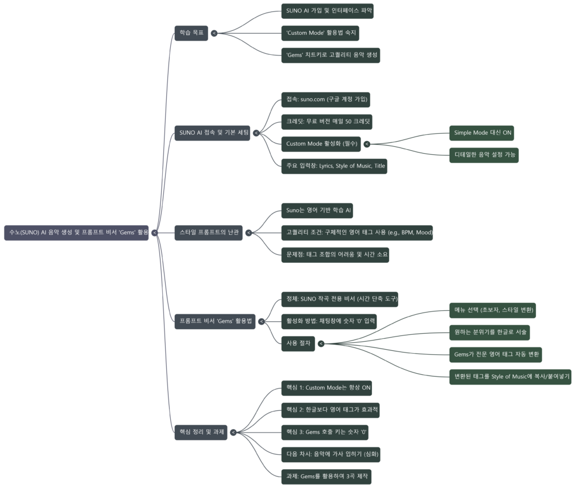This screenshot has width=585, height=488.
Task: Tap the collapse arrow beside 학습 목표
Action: pyautogui.click(x=214, y=33)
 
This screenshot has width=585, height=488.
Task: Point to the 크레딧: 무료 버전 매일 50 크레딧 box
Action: pyautogui.click(x=329, y=122)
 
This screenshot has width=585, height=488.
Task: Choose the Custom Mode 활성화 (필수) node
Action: pyautogui.click(x=322, y=143)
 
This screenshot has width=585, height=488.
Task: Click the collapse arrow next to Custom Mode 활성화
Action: pyautogui.click(x=366, y=144)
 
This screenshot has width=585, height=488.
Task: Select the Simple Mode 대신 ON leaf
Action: pyautogui.click(x=483, y=133)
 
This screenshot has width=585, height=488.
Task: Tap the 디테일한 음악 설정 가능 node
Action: pyautogui.click(x=484, y=155)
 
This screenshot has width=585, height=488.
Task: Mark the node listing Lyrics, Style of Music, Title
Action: pyautogui.click(x=335, y=166)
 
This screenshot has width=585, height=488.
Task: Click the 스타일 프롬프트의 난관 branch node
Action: pyautogui.click(x=209, y=233)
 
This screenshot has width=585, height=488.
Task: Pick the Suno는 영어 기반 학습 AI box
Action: pyautogui.click(x=319, y=210)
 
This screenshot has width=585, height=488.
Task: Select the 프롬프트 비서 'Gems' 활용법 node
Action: pyautogui.click(x=215, y=321)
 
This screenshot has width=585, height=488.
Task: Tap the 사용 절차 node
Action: pyautogui.click(x=298, y=343)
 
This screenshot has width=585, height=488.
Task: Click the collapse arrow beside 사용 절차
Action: pyautogui.click(x=321, y=344)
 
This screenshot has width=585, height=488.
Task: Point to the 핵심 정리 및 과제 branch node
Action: pyautogui.click(x=199, y=432)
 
